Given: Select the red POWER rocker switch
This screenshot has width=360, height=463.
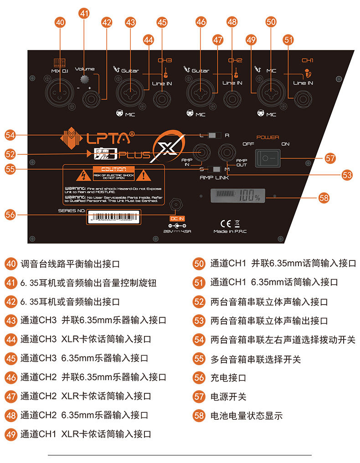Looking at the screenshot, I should point(267,158).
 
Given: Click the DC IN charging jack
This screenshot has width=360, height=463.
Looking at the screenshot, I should point(175,204).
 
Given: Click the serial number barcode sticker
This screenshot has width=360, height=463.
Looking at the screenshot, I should point(113,217).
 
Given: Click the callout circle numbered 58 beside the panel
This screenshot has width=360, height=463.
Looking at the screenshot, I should point(324,198).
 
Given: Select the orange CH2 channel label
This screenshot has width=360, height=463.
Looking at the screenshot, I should point(235,60).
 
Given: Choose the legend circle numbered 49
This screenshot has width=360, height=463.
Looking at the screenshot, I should point(10,434).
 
